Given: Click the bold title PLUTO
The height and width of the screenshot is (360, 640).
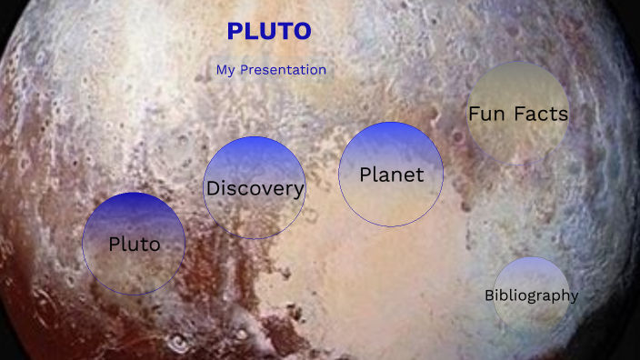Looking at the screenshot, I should point(269,32).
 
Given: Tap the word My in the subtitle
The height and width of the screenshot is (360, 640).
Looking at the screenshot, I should point(226,70).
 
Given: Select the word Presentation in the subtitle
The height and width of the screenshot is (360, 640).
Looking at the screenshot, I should point(283,70).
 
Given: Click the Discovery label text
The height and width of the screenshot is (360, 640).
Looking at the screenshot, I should point(255,189).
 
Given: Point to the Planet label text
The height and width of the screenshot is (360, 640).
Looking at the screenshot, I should point(392,175).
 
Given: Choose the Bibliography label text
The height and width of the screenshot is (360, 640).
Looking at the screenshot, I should point(531,295).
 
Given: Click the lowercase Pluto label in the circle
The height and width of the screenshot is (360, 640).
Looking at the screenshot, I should point(134,244).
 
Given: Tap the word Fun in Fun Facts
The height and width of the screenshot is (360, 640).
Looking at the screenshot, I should point(487,115).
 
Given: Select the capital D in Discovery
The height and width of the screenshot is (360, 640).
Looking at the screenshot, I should point(213,189).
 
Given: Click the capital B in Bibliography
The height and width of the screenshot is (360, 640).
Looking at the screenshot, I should point(489,295).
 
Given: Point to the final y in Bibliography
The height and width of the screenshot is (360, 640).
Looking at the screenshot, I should point(574,297).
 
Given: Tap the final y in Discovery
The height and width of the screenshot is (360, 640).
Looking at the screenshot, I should point(299,191).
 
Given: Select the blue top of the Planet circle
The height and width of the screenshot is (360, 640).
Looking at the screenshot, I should point(391,136).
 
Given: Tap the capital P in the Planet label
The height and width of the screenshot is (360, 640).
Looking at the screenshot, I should point(365,175).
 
